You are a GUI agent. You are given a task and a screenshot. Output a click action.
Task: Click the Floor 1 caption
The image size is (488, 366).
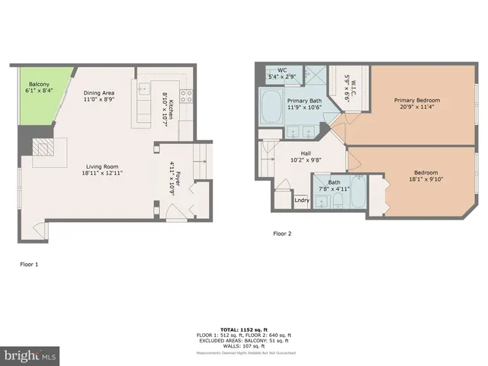coord(29,264)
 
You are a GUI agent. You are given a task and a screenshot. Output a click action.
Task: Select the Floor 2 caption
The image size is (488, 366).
coord(282,233)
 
